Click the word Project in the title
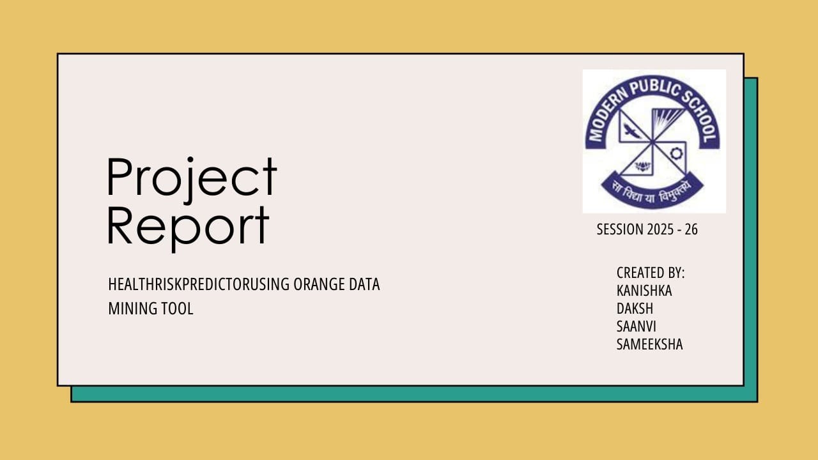[x=192, y=177]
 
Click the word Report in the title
[x=188, y=226]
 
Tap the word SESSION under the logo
[x=620, y=229]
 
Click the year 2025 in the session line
[x=661, y=229]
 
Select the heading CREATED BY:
[x=651, y=273]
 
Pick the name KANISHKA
[x=644, y=291]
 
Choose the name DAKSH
[x=635, y=309]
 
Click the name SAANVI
[x=637, y=326]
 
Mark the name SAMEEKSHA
[x=649, y=344]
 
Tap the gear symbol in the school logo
[x=677, y=153]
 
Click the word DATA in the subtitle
[x=364, y=284]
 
